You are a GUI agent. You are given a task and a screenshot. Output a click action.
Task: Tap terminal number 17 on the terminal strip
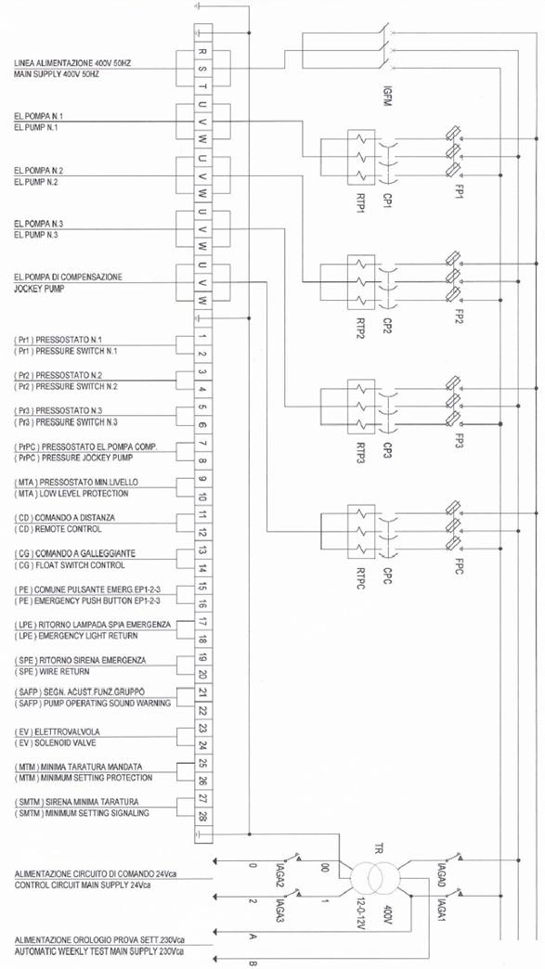(x=203, y=622)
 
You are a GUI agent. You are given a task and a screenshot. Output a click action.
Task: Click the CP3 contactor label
(x=387, y=452)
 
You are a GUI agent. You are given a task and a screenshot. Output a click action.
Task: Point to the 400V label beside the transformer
(x=387, y=916)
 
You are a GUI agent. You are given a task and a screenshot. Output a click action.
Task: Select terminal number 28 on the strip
(x=203, y=817)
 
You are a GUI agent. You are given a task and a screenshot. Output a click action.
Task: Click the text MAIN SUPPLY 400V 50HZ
(x=57, y=74)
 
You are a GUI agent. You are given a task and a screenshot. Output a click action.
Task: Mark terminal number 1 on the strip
(x=203, y=337)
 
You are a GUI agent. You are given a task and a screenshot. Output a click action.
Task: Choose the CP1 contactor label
(x=387, y=200)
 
